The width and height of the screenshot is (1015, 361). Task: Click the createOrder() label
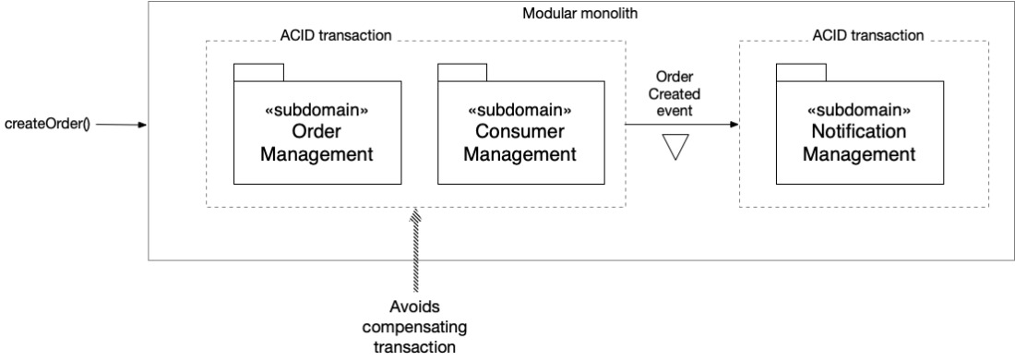coord(47,124)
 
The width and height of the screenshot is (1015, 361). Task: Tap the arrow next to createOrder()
coord(122,125)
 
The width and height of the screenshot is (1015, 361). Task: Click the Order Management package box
coord(317,132)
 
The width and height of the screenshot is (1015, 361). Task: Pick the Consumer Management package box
coord(521,132)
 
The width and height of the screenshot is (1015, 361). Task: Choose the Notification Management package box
coord(860,132)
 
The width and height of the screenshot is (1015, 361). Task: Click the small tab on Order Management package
coord(259,73)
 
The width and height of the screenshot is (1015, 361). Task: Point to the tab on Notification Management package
coord(801,73)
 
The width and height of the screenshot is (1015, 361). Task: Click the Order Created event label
coord(675,94)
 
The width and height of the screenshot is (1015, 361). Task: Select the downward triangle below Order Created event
coord(675,147)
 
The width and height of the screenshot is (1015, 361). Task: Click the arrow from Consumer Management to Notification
coord(682,124)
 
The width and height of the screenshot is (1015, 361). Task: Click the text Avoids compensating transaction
coord(415,327)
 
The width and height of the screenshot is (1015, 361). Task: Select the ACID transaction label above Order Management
coord(336,35)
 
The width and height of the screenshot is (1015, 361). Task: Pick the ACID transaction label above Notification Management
coord(868,35)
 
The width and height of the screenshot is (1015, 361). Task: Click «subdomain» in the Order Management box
coord(317,110)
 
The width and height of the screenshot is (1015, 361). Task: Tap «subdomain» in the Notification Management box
coord(860,110)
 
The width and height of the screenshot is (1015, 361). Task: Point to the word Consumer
coord(520,132)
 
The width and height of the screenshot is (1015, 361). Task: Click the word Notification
coord(859,132)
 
